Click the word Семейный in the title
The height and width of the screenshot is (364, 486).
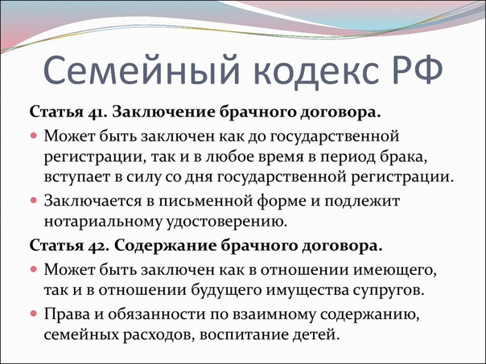pyautogui.click(x=142, y=71)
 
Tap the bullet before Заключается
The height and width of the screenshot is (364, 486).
pyautogui.click(x=34, y=200)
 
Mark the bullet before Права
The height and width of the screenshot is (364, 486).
pyautogui.click(x=34, y=313)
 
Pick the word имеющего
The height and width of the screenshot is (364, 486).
pyautogui.click(x=395, y=271)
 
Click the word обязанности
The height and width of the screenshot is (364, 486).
pyautogui.click(x=156, y=314)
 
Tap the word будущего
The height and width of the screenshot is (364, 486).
pyautogui.click(x=227, y=291)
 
